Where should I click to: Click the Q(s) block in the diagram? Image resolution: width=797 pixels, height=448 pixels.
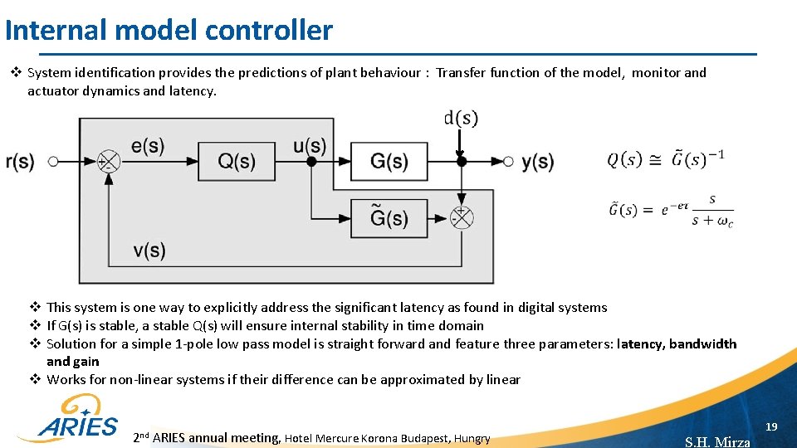pos(236,161)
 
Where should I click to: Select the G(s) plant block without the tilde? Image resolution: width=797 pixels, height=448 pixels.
pos(389,161)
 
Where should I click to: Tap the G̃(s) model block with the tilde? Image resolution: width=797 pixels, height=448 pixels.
pos(389,217)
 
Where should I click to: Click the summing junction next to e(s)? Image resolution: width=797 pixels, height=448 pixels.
pos(108,161)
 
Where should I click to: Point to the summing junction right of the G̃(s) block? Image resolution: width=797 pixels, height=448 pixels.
pos(461,217)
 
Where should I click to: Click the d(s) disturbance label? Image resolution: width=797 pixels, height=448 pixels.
pos(461,119)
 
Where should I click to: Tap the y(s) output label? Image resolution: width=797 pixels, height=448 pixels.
pos(538,162)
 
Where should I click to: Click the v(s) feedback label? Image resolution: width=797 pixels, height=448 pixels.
pos(149,251)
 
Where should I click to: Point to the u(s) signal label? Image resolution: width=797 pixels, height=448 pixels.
pos(309,146)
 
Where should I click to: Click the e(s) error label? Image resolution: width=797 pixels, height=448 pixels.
pos(148,146)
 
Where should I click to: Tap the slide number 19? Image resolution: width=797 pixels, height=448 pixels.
pos(771,426)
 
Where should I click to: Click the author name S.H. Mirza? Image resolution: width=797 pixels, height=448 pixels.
pos(717,441)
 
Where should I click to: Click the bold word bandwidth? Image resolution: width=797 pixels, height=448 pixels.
pos(702,343)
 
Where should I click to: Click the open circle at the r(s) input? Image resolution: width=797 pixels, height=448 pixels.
pos(53,161)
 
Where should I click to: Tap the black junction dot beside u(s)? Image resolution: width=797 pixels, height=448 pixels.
pos(310,161)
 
